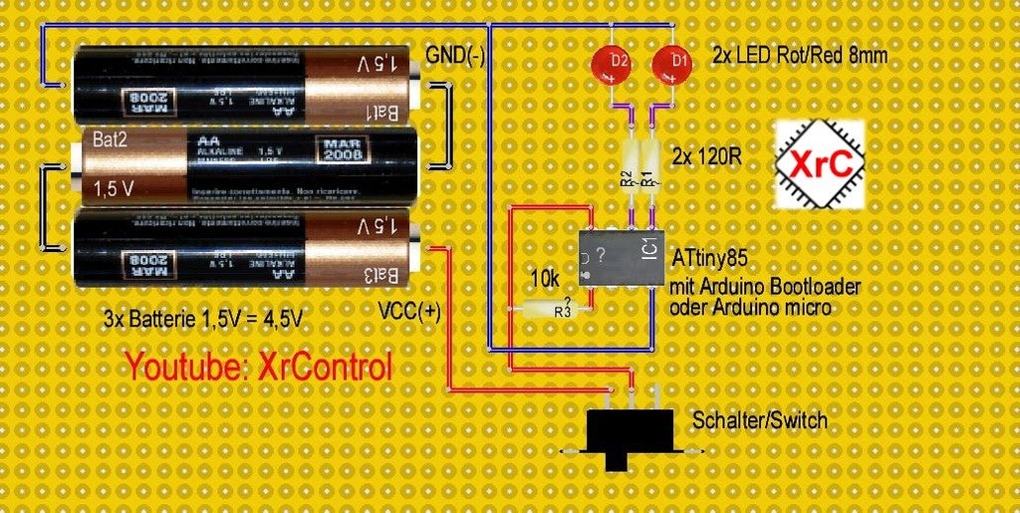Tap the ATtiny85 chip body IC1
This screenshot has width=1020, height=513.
[x=618, y=258]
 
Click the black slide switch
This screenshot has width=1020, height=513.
[x=626, y=435]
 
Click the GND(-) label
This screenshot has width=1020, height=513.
[x=455, y=56]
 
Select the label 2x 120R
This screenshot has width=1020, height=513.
[x=705, y=157]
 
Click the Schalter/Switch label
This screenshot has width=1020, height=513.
[x=759, y=420]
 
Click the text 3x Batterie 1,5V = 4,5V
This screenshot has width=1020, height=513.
[x=203, y=320]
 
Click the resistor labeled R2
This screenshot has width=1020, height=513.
[x=630, y=168]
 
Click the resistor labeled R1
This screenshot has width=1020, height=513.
[x=651, y=168]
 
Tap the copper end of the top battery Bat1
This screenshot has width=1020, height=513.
[x=364, y=88]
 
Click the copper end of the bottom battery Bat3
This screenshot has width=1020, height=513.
[x=364, y=246]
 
